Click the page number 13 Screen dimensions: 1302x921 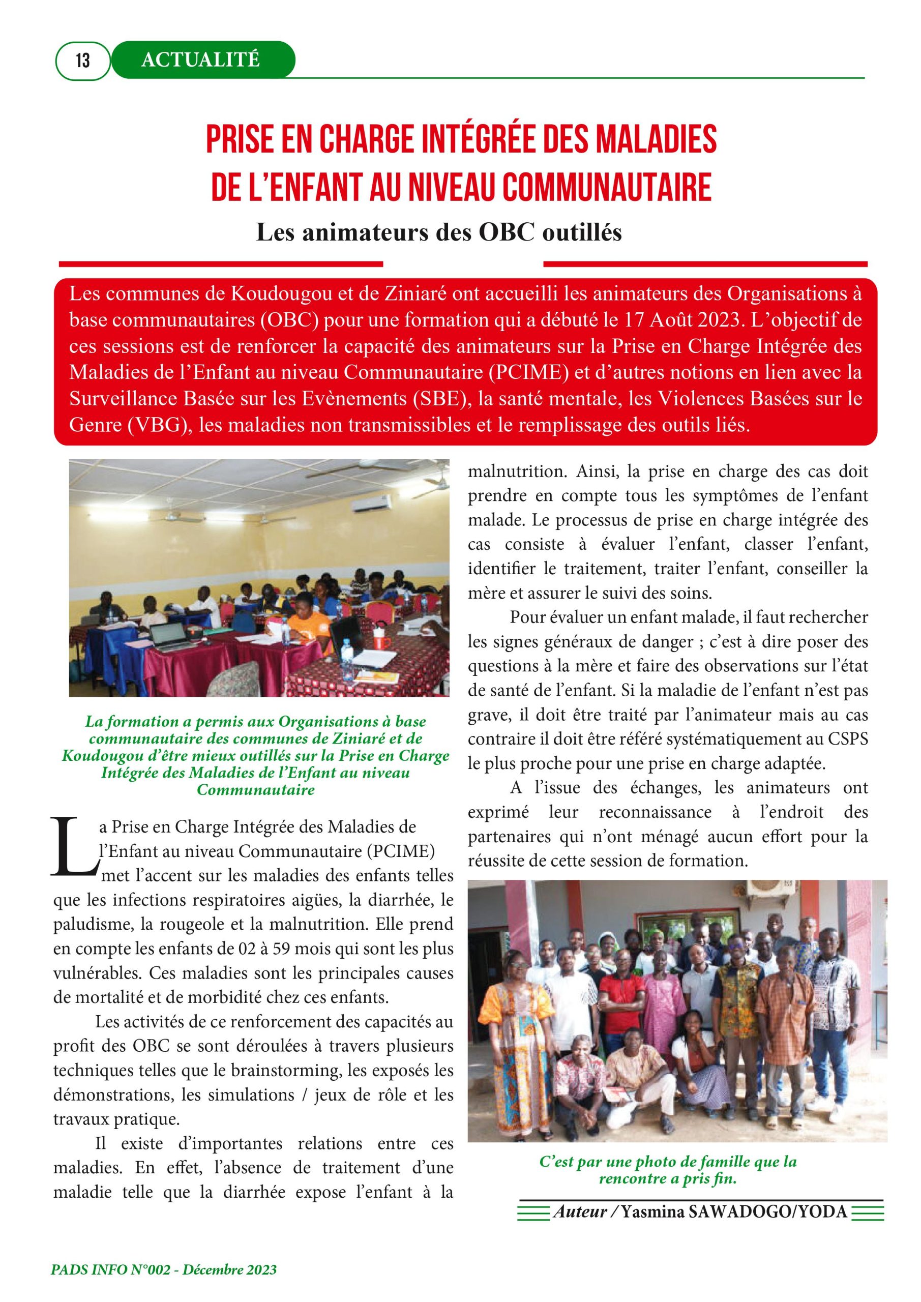(x=83, y=60)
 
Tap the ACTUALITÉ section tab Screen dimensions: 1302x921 (x=201, y=59)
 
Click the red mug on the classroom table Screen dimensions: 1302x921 (x=385, y=642)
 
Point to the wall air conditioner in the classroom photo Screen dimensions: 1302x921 (x=371, y=504)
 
